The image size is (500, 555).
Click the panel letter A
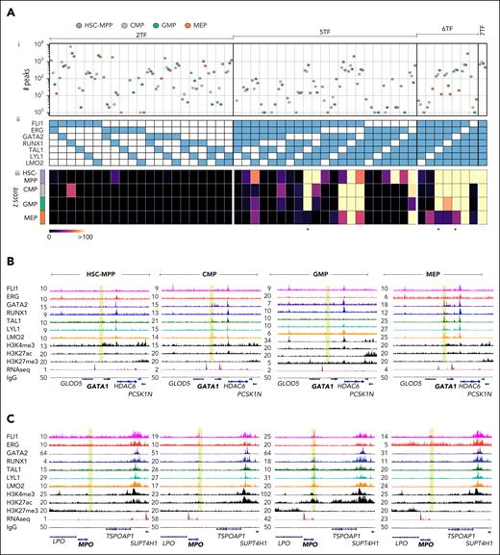7,7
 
